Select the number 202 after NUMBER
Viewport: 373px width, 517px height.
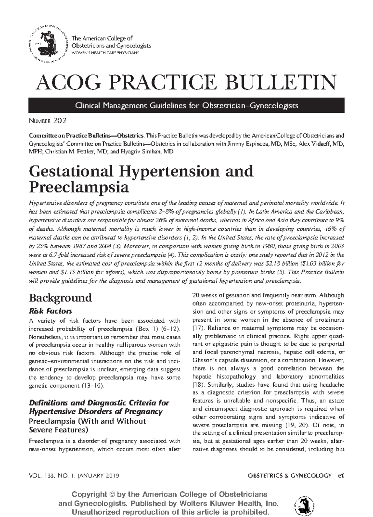click(x=60, y=121)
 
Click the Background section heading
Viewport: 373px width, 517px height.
click(x=60, y=298)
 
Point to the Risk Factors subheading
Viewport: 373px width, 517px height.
click(x=50, y=311)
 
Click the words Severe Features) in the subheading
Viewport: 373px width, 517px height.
click(x=58, y=430)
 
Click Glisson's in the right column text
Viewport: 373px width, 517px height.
click(x=203, y=360)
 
